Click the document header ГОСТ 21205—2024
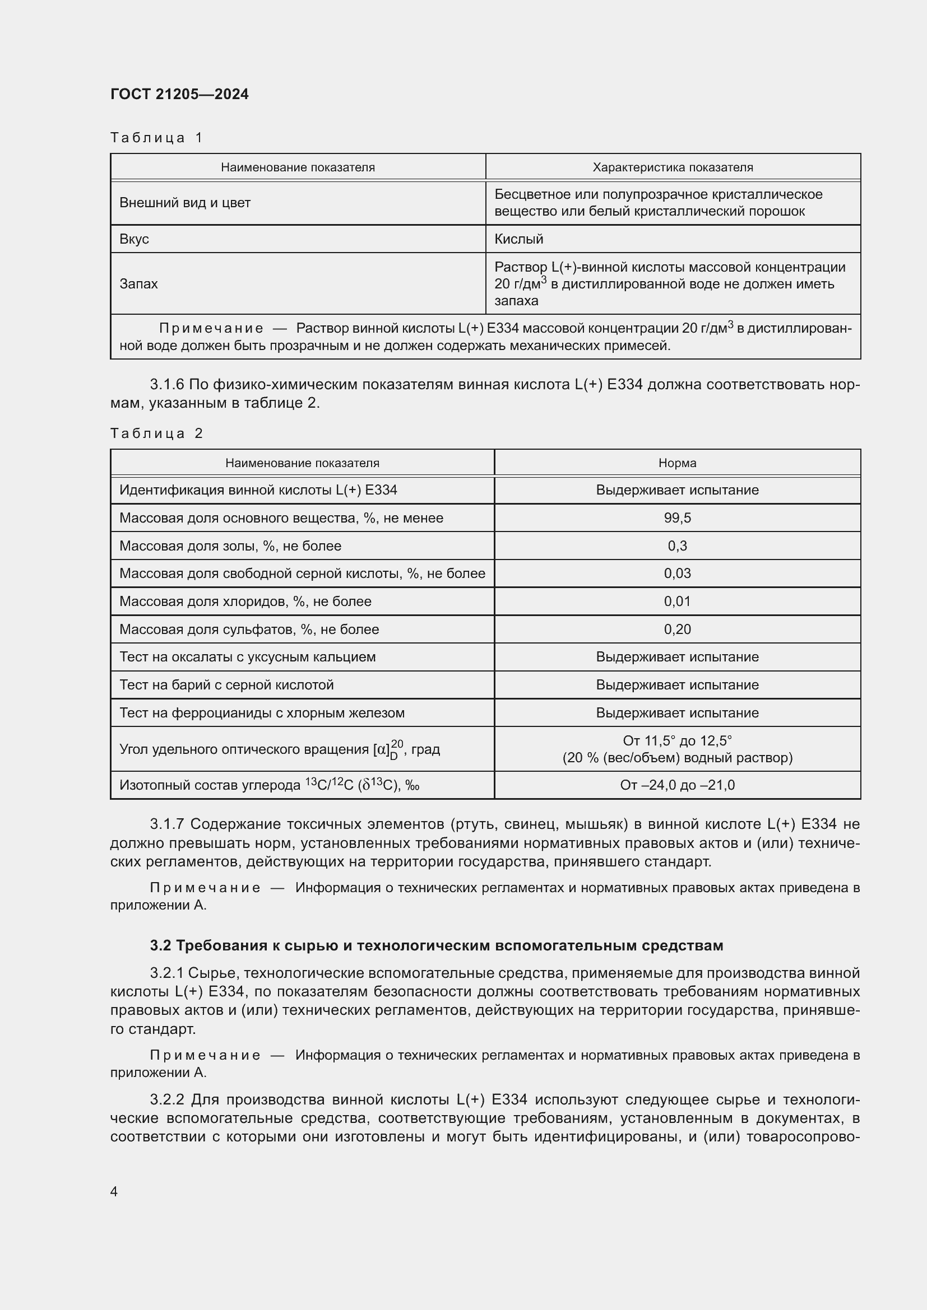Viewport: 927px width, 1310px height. click(x=179, y=94)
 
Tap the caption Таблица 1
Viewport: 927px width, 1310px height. click(x=156, y=138)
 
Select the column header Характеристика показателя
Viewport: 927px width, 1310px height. click(x=673, y=167)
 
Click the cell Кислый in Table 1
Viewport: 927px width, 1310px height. click(x=518, y=239)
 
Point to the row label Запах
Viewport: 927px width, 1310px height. click(x=138, y=283)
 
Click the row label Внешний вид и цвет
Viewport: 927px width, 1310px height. click(x=184, y=203)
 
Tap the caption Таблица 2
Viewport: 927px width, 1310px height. click(x=156, y=433)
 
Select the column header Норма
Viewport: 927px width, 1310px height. click(x=677, y=463)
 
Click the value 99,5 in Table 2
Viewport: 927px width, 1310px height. click(x=677, y=518)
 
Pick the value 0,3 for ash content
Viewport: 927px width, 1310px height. click(x=677, y=546)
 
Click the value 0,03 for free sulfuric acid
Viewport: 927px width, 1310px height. click(x=677, y=574)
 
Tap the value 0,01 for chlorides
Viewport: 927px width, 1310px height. click(x=677, y=602)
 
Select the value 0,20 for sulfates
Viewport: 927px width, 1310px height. click(x=677, y=630)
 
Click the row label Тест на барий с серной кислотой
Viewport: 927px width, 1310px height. click(x=226, y=684)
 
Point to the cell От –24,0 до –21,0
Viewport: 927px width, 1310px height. click(x=677, y=785)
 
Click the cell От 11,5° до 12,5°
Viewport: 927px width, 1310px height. click(x=677, y=741)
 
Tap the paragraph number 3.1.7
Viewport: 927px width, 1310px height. click(x=167, y=824)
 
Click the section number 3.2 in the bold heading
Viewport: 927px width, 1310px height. click(x=160, y=946)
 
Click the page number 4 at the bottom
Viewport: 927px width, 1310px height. click(x=114, y=1192)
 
